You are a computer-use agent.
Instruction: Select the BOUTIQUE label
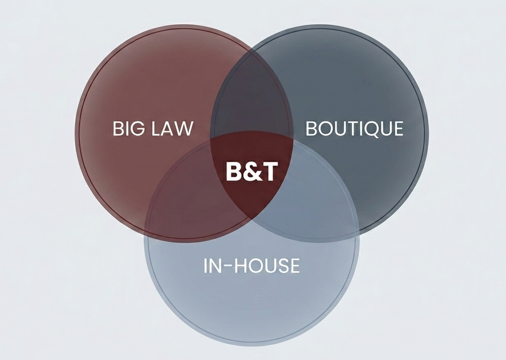tap(355, 129)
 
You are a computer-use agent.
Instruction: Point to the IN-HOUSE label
tap(251, 266)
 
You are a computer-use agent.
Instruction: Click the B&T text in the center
tap(252, 172)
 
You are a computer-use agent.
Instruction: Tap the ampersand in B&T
tap(251, 172)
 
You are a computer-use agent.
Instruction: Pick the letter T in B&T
tap(269, 172)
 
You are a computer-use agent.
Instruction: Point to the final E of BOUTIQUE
tap(398, 129)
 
